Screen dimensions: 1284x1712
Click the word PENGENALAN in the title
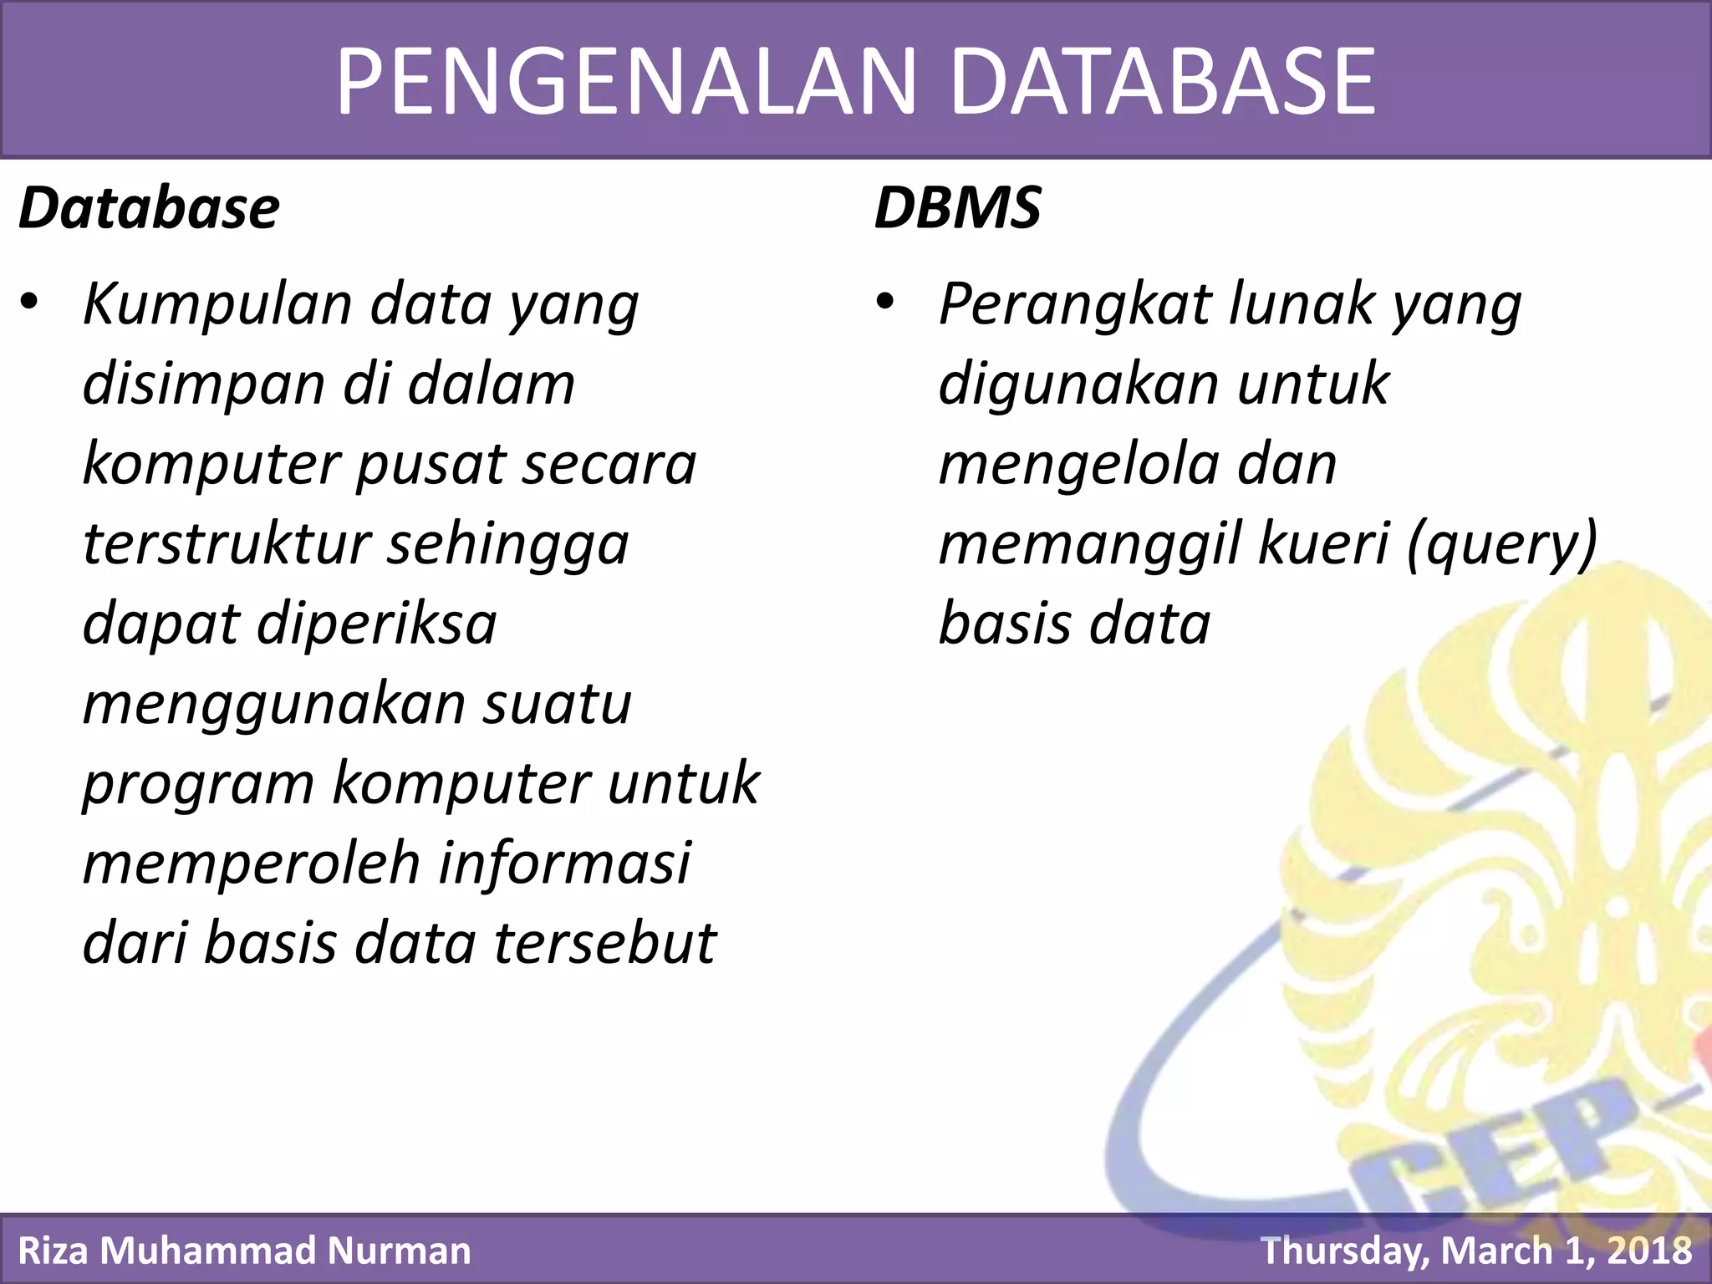tap(627, 81)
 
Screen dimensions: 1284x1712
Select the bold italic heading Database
tap(149, 208)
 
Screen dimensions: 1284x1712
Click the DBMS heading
tap(957, 208)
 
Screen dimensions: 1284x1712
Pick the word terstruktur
tap(226, 544)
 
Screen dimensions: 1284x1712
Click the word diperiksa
tap(376, 624)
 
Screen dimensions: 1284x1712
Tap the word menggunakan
tap(273, 705)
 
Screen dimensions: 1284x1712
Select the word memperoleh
tap(251, 864)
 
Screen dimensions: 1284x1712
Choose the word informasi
tap(565, 864)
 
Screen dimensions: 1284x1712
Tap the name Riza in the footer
tap(52, 1251)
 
